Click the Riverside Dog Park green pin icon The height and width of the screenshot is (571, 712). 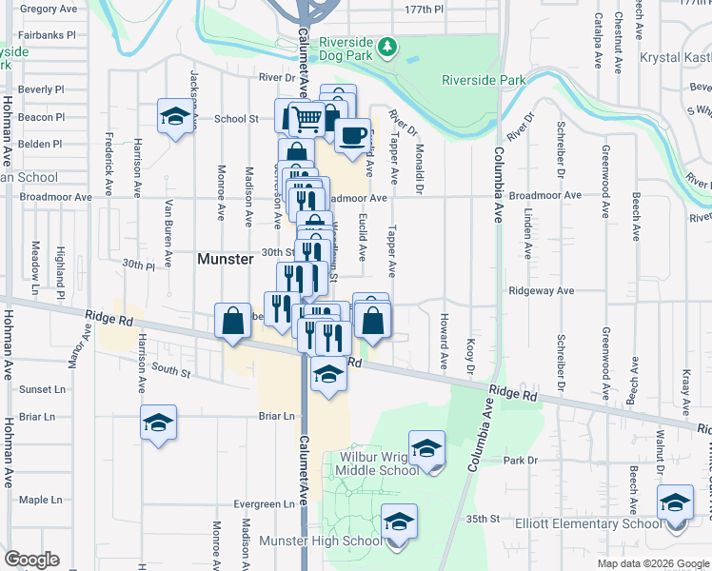387,46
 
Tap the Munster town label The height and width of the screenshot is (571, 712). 225,259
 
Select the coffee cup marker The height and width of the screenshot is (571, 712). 352,135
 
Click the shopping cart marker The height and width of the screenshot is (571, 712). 307,119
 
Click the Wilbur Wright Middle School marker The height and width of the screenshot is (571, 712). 426,448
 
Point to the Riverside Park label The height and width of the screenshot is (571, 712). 484,81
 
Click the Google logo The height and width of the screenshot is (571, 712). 30,560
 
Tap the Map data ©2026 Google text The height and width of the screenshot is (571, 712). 652,563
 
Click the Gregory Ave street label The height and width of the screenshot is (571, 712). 49,9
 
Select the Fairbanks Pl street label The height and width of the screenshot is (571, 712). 46,35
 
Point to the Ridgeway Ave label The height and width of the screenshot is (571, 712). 541,290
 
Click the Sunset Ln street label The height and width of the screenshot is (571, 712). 43,389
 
